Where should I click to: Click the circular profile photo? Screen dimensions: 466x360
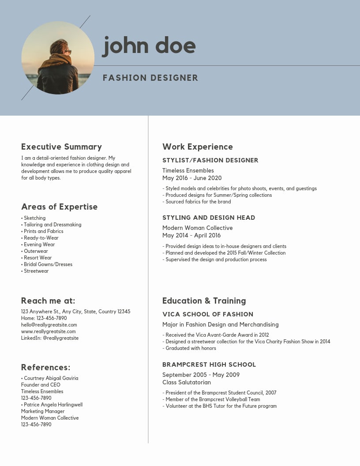(x=58, y=58)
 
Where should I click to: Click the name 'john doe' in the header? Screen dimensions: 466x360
(x=149, y=46)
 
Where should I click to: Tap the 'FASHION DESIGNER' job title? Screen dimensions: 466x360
(x=150, y=78)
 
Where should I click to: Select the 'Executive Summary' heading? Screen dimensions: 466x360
(x=61, y=147)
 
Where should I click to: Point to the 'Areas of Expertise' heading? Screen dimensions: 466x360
(x=59, y=207)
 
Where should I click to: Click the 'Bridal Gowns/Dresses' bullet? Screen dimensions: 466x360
(x=48, y=264)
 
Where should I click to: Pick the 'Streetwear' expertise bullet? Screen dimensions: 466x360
(x=36, y=271)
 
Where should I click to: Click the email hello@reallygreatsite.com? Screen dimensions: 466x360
(x=49, y=325)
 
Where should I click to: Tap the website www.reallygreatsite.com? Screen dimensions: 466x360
(x=49, y=331)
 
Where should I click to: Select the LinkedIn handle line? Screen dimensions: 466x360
(x=50, y=338)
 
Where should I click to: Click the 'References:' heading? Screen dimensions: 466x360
(x=45, y=368)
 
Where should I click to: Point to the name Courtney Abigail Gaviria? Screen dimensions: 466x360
(x=51, y=378)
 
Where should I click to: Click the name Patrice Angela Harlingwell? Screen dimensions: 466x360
(x=53, y=405)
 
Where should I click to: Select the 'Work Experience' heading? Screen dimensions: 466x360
(x=197, y=147)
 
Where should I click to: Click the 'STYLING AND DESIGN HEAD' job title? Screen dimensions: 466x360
(x=209, y=218)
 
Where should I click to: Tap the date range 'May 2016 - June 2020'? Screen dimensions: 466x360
(x=192, y=178)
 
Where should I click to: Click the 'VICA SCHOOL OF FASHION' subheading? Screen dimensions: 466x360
(x=208, y=314)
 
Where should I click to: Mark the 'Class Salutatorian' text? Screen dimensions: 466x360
(x=187, y=382)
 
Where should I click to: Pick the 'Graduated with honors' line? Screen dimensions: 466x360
(x=191, y=348)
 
